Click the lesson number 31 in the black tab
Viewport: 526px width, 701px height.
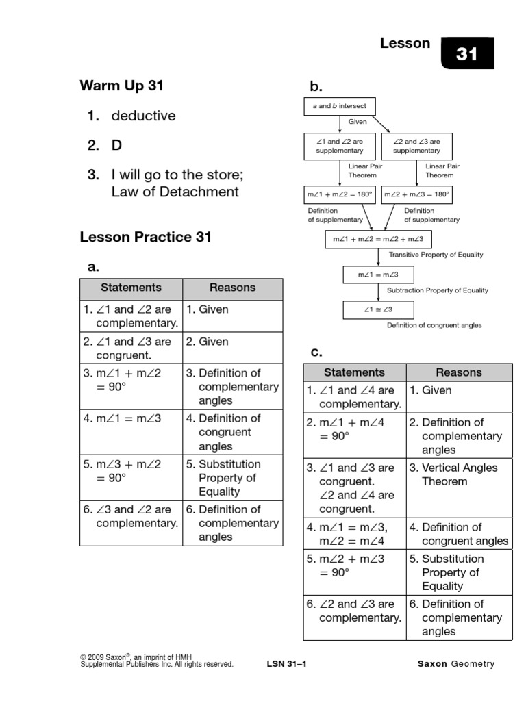pyautogui.click(x=466, y=53)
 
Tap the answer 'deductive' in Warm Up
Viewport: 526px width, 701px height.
pyautogui.click(x=143, y=116)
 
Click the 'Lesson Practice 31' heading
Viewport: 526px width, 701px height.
pyautogui.click(x=145, y=238)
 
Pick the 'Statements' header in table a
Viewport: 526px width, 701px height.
pyautogui.click(x=131, y=288)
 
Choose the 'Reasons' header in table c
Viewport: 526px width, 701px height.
pyautogui.click(x=458, y=372)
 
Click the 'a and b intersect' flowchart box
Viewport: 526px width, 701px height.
pyautogui.click(x=340, y=106)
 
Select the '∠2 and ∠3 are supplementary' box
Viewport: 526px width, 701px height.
pyautogui.click(x=417, y=146)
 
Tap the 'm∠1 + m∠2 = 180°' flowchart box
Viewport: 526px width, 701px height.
pyautogui.click(x=340, y=194)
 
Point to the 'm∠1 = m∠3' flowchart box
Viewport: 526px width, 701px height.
pyautogui.click(x=377, y=275)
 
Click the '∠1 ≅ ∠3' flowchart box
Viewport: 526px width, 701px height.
pyautogui.click(x=377, y=310)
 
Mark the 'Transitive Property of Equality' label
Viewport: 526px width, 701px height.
pyautogui.click(x=436, y=255)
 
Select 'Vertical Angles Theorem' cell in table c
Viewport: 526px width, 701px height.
pyautogui.click(x=458, y=474)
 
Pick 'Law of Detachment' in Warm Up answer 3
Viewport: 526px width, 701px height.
pyautogui.click(x=175, y=192)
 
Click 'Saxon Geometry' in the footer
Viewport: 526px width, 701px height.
pyautogui.click(x=455, y=664)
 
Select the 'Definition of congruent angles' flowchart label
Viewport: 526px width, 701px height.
pyautogui.click(x=434, y=325)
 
